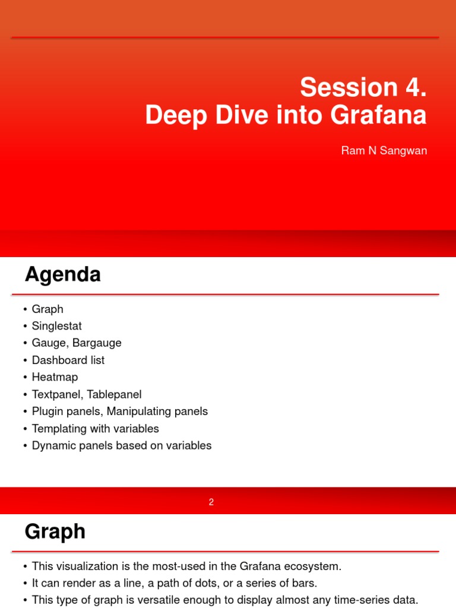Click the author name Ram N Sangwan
point(384,150)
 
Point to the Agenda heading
point(62,275)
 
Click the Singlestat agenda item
point(56,326)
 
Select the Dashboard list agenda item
point(68,360)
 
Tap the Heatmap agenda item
point(55,377)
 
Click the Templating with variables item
point(95,428)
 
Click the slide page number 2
point(211,502)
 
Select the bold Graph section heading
point(55,531)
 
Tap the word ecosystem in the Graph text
point(313,566)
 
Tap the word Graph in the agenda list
point(47,309)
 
